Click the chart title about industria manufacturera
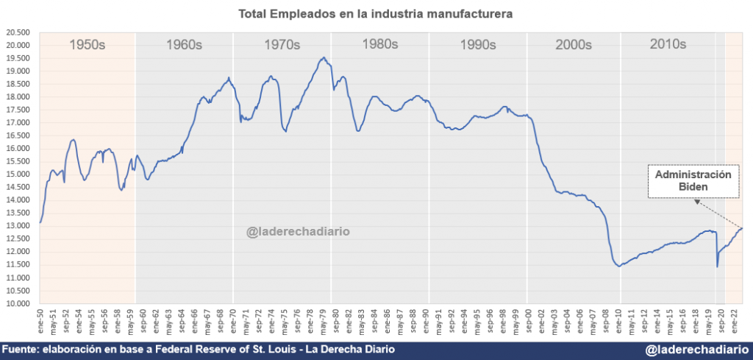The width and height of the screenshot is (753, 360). click(376, 14)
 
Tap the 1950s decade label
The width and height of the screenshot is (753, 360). click(88, 45)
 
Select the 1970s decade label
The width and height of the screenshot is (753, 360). click(282, 45)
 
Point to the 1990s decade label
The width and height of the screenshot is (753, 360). click(478, 45)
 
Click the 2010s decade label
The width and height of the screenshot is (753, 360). click(668, 44)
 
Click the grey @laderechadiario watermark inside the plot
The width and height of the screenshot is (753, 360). click(298, 232)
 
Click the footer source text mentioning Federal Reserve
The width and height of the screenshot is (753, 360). click(198, 349)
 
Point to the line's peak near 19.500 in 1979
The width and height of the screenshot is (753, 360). click(324, 57)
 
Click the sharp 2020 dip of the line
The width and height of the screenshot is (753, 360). click(717, 266)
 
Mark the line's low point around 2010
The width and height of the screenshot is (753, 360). click(620, 266)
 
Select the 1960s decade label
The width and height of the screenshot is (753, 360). click(184, 45)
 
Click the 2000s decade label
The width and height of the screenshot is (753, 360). click(574, 45)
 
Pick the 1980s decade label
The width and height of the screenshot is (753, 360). click(381, 44)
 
